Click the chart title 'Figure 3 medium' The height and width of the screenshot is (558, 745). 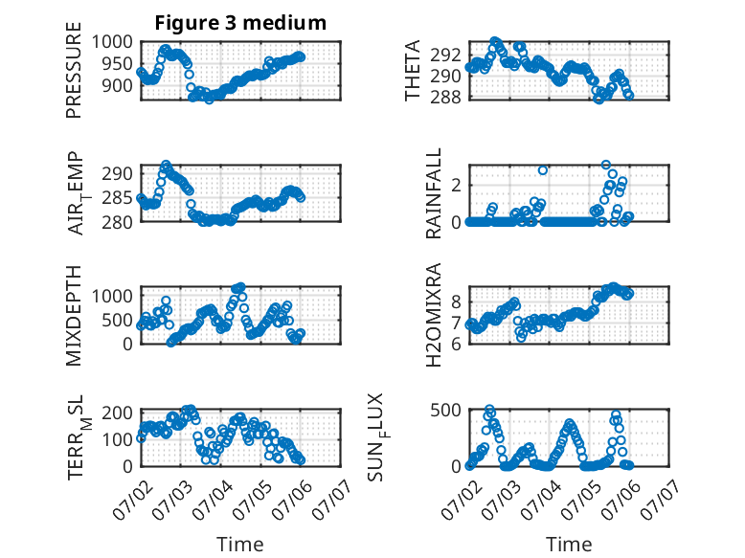[240, 23]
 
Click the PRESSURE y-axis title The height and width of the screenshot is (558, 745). [74, 70]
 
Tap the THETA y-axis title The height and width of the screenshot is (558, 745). [413, 70]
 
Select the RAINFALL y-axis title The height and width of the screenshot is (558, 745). [434, 193]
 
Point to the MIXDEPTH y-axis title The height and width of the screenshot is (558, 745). [74, 316]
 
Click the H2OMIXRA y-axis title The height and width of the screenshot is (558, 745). [434, 315]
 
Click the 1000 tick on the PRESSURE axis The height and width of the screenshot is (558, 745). [112, 42]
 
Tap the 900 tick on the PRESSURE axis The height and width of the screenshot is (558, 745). [118, 86]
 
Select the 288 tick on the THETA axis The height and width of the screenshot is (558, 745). [445, 97]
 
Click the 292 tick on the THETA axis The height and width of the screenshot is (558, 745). [445, 56]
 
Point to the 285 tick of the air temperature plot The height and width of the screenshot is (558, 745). [118, 197]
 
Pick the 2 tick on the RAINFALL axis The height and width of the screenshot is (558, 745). [457, 185]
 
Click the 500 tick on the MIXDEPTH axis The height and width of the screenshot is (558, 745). [118, 320]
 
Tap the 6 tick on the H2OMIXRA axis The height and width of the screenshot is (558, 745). [457, 344]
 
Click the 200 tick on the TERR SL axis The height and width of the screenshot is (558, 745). [118, 412]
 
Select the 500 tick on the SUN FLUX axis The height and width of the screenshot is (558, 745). [445, 410]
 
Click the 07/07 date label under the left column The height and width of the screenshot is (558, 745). [331, 499]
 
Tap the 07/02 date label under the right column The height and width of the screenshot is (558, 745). [461, 499]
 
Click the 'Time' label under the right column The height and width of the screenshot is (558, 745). [569, 545]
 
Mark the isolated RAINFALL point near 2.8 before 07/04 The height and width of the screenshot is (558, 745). [543, 170]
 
